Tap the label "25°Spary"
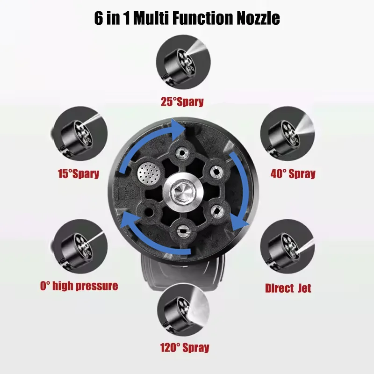(x=182, y=101)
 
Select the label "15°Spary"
(x=78, y=174)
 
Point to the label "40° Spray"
(x=293, y=174)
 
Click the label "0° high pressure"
(x=78, y=286)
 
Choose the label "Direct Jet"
(x=288, y=288)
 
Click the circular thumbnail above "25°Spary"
(x=183, y=63)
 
